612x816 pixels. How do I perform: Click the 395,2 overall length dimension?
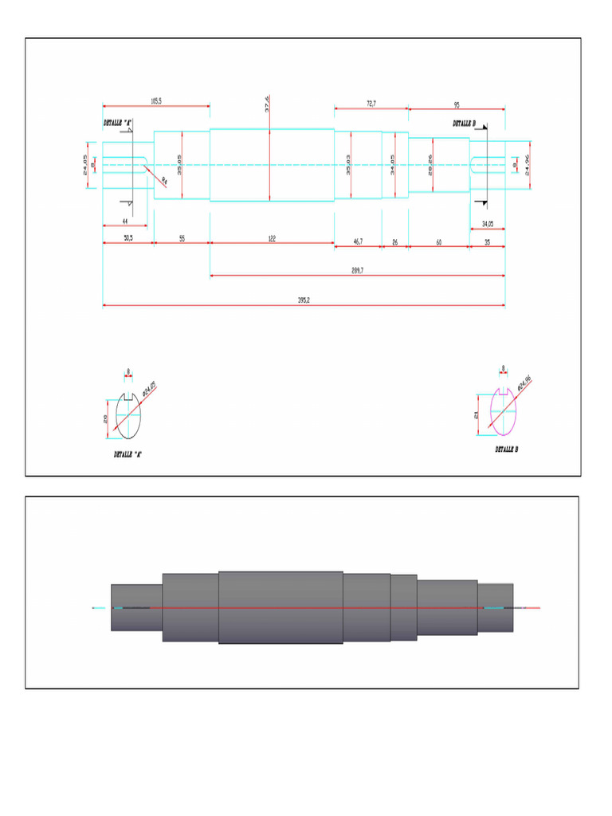tap(303, 300)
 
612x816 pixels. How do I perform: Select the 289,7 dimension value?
tap(357, 270)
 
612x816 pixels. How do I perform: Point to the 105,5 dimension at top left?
tap(156, 100)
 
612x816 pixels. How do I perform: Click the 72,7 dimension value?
tap(371, 103)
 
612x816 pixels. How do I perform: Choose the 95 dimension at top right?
tap(457, 104)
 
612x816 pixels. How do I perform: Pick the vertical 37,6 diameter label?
tap(268, 104)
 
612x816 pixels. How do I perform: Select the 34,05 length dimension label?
tap(486, 224)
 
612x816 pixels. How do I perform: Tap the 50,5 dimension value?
tap(127, 239)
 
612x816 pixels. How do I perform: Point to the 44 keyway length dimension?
tap(125, 220)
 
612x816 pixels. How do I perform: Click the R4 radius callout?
tap(164, 181)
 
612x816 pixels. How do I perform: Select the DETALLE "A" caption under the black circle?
tap(127, 453)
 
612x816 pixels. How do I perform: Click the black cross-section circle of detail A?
tap(127, 416)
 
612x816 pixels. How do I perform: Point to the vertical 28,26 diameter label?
tap(431, 166)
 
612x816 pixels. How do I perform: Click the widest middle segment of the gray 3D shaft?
tap(280, 607)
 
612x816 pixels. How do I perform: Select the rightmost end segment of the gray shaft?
tap(495, 607)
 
